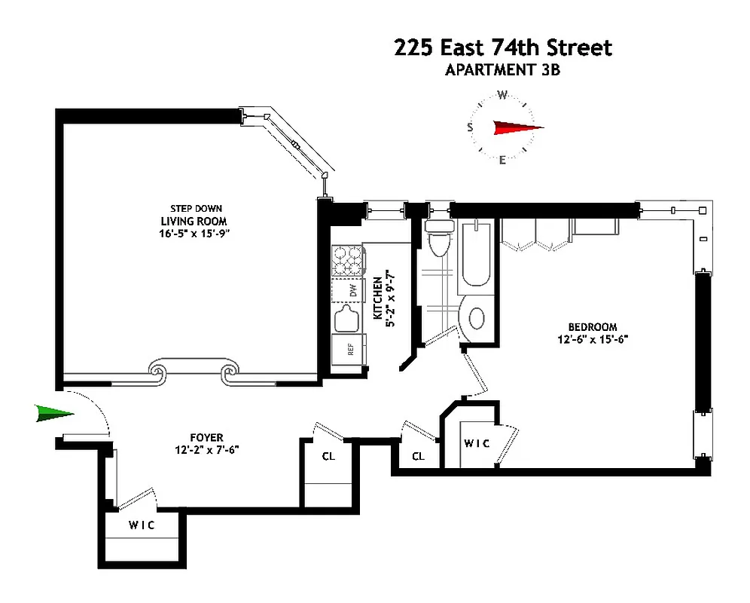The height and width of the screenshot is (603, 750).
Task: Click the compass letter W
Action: point(502,95)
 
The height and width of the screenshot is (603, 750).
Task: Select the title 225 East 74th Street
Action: point(503,48)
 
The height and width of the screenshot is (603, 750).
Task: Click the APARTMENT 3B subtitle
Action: point(503,71)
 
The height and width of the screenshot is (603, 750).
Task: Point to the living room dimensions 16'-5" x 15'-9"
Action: point(194,233)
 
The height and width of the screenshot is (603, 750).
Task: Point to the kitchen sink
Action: point(348,319)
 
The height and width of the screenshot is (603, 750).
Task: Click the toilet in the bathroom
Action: point(437,237)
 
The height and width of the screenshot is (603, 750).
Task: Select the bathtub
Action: point(477,253)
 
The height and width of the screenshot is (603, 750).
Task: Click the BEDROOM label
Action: point(592,327)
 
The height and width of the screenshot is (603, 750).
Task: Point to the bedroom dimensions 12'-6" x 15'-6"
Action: point(592,339)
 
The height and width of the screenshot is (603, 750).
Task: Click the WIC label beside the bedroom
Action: point(477,444)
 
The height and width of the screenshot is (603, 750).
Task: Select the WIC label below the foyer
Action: point(142,525)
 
